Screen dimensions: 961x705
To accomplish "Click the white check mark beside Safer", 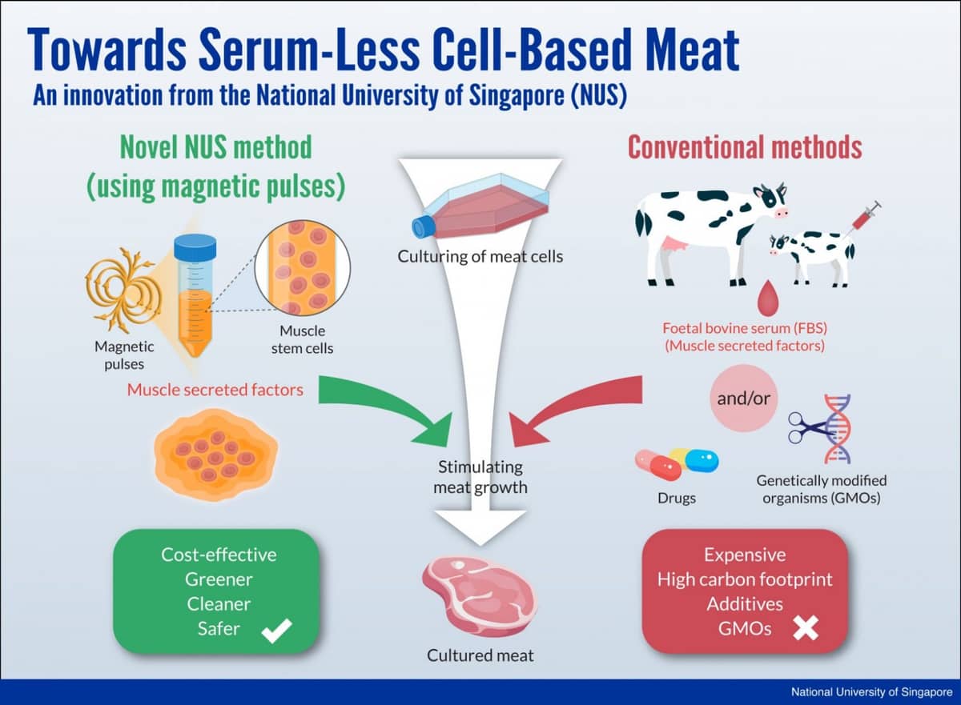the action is point(276,631).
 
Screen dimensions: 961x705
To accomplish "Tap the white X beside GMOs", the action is point(806,628).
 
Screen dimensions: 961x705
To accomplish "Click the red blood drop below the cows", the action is point(767,297).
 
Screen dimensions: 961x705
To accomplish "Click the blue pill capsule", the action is point(702,461).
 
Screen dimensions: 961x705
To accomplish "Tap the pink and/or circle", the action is point(743,399).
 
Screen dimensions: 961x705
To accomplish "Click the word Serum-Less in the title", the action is point(309,50).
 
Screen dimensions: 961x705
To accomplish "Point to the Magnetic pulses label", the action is point(124,355).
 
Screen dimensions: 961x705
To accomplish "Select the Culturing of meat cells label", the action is point(480,256).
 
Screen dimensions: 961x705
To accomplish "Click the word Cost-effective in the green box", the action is point(219,555).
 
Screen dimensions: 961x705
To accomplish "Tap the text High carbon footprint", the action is point(745,580).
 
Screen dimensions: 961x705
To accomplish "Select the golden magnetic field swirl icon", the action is point(123,290).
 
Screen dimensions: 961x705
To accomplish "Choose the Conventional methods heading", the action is point(745,147).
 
